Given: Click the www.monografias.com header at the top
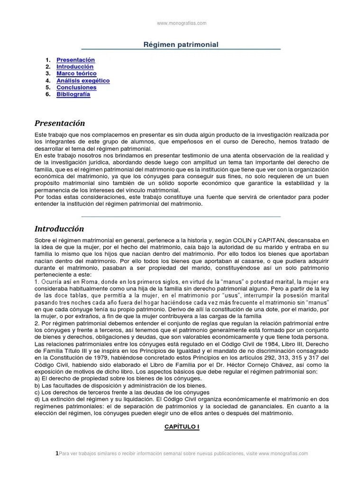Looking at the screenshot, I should pyautogui.click(x=182, y=23).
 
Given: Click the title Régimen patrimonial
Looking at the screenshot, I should pyautogui.click(x=181, y=45).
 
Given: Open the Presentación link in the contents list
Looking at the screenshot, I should pyautogui.click(x=75, y=60).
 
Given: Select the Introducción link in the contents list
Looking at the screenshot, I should pyautogui.click(x=75, y=67).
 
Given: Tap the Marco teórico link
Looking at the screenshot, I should pyautogui.click(x=76, y=74).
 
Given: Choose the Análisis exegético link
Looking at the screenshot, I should pyautogui.click(x=83, y=81).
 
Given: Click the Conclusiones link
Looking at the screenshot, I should pyautogui.click(x=76, y=88).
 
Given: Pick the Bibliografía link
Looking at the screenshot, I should pyautogui.click(x=73, y=94).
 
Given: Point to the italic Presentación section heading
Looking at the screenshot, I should pyautogui.click(x=60, y=123).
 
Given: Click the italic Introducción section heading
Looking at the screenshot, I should pyautogui.click(x=59, y=229).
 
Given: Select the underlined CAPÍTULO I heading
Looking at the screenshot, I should pyautogui.click(x=182, y=427).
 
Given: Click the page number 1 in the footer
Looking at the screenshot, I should pyautogui.click(x=57, y=453).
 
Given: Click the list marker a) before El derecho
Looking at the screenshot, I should pyautogui.click(x=37, y=378).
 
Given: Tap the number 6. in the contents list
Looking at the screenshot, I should pyautogui.click(x=48, y=94).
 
